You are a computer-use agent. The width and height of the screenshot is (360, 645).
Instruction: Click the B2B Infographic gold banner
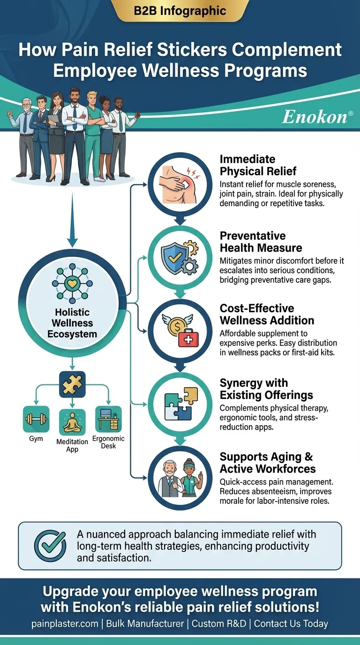180,11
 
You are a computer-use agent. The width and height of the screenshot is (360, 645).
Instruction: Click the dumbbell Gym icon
36,419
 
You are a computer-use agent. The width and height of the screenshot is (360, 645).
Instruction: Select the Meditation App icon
72,422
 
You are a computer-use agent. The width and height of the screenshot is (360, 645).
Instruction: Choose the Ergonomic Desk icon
108,419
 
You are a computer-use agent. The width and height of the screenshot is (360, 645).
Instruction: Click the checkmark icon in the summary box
51,546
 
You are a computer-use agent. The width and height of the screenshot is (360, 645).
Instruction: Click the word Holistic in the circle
72,313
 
